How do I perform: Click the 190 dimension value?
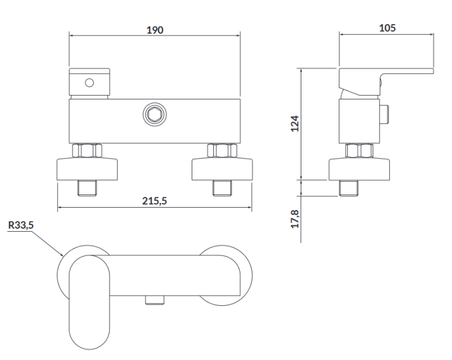(155, 30)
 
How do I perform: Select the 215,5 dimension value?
(154, 200)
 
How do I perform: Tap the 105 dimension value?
(387, 28)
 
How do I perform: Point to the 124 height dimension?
(295, 123)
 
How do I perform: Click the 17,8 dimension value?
(295, 219)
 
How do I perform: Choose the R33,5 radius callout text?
(20, 225)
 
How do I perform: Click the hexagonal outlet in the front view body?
(155, 114)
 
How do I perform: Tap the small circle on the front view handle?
(89, 83)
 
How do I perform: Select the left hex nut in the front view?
(87, 151)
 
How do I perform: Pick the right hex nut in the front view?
(222, 151)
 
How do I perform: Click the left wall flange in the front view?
(87, 169)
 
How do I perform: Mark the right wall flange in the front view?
(222, 169)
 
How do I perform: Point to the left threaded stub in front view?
(87, 188)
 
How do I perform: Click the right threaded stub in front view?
(222, 188)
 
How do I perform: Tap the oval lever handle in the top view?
(89, 302)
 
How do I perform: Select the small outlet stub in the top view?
(155, 300)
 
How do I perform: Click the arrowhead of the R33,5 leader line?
(63, 255)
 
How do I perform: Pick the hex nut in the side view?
(359, 151)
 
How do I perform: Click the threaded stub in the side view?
(348, 188)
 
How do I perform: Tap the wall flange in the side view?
(359, 169)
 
